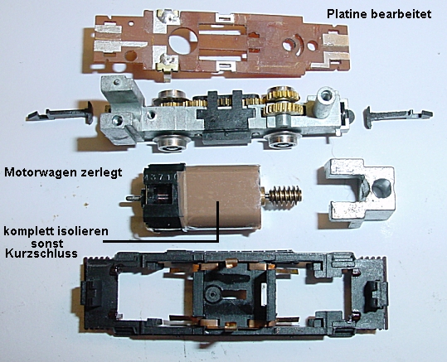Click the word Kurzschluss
coord(41,253)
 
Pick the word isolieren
coord(83,231)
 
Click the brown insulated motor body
coord(222,196)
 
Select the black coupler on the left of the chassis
coord(61,113)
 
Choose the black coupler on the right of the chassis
coord(398,116)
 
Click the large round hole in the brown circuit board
coord(182,42)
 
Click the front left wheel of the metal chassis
coord(171,143)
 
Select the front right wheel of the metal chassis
coord(282,142)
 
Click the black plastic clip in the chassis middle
coord(226,118)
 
